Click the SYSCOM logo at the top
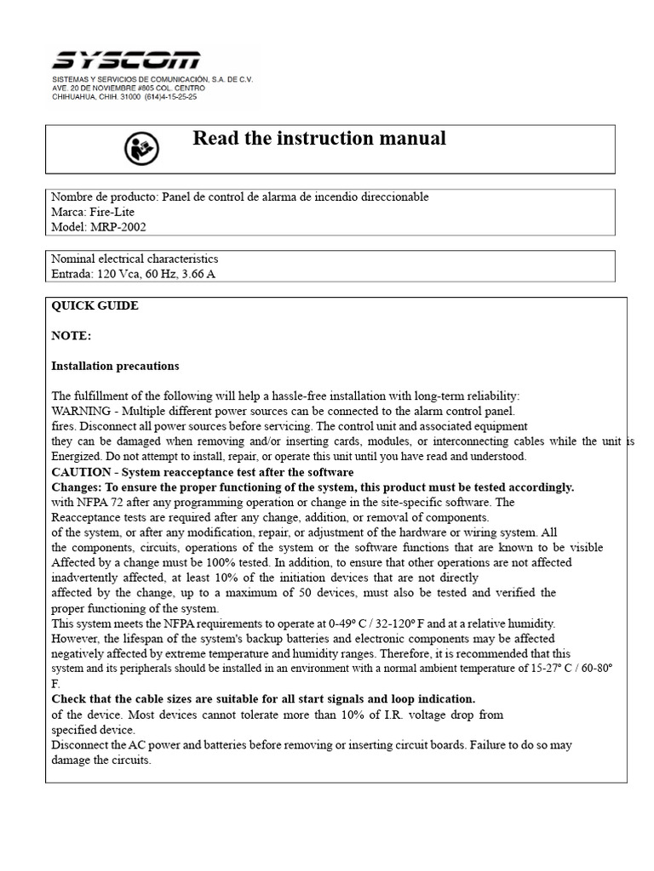coord(126,61)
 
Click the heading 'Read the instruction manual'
coord(319,138)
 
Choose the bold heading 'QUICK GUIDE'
coord(95,306)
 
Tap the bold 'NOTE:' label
coord(72,336)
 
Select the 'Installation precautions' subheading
coord(116,366)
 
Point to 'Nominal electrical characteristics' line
coord(135,259)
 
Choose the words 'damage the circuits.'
coord(101,760)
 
